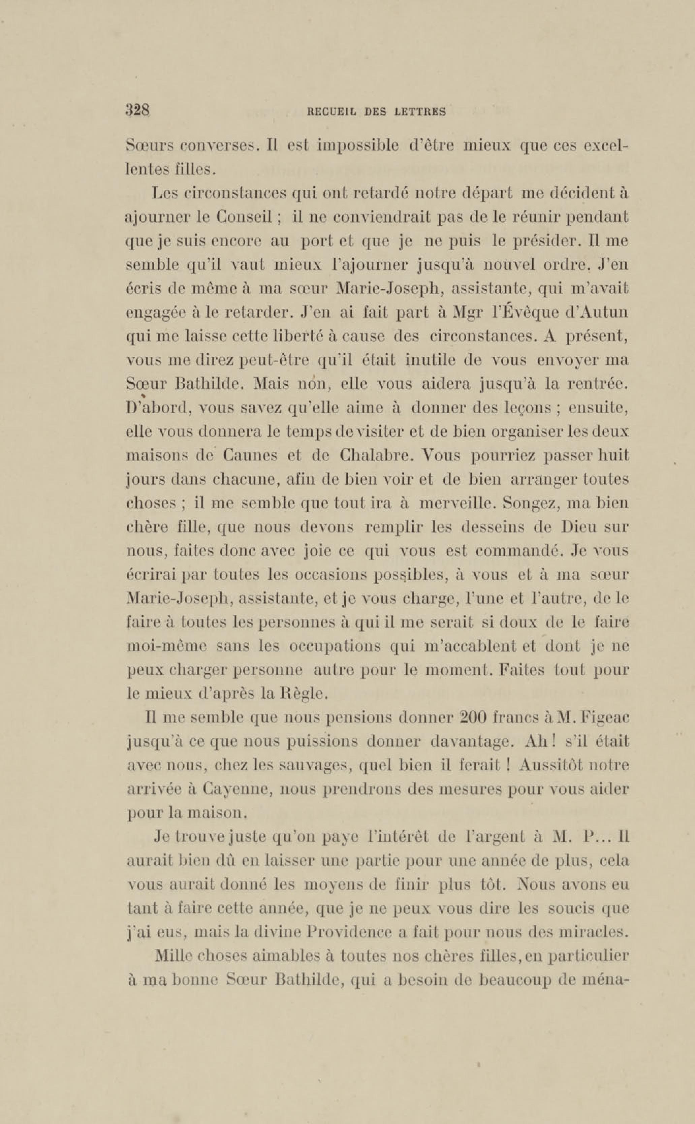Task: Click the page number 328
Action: [137, 110]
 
